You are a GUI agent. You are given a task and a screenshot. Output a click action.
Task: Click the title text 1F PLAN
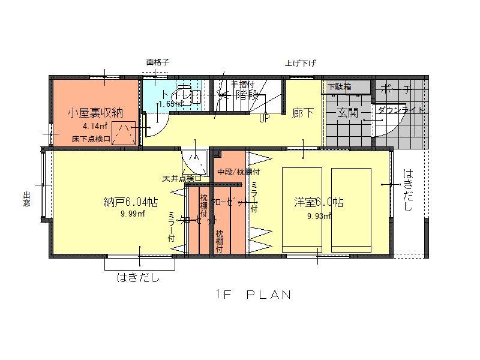click(253, 295)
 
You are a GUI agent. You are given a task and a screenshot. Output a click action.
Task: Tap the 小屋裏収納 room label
click(96, 113)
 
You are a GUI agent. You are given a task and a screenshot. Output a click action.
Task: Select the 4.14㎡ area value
click(95, 126)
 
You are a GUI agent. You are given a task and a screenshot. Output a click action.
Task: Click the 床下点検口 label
click(91, 139)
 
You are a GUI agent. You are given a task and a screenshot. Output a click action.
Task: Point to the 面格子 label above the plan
click(158, 62)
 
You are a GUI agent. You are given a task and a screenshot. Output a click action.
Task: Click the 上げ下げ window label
click(300, 63)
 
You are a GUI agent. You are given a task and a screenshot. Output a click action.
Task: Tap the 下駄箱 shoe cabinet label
click(340, 86)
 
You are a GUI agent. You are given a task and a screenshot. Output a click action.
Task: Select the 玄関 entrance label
click(347, 113)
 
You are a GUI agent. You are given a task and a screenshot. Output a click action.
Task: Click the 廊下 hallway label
click(303, 113)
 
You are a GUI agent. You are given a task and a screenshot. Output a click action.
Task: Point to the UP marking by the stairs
click(263, 118)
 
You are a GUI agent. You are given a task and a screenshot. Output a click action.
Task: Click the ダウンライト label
click(400, 110)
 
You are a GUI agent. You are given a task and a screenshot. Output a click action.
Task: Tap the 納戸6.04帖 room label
click(131, 202)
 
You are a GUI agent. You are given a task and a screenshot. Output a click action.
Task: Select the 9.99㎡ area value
click(132, 214)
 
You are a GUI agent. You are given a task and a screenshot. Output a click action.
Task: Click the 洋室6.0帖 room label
click(319, 203)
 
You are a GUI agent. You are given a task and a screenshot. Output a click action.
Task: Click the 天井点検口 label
click(181, 178)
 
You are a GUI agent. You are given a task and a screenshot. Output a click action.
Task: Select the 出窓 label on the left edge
click(26, 199)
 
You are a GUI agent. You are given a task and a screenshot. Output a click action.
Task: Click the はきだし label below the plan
click(138, 278)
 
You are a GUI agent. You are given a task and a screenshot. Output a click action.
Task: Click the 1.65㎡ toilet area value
click(170, 104)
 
